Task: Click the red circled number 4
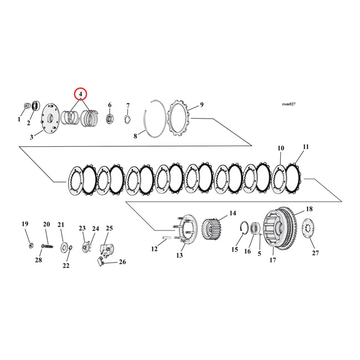point(81,94)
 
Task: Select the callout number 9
point(202,104)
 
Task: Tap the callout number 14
point(233,213)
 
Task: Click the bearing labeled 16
point(256,228)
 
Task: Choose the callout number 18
point(309,209)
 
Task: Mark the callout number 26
point(122,262)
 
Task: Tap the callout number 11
point(305,148)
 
